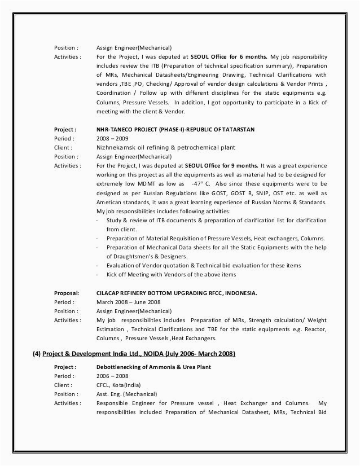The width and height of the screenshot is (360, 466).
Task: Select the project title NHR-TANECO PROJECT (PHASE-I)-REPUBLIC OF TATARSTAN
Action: [x=175, y=129]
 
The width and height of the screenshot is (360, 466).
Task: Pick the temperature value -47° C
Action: [x=202, y=184]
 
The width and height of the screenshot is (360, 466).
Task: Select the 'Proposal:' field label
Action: [x=67, y=293]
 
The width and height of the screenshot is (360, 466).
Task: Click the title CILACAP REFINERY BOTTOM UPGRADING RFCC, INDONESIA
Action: [x=176, y=293]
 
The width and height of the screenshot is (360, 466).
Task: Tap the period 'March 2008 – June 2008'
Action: [x=128, y=302]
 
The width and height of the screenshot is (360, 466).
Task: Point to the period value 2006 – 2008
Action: [x=112, y=376]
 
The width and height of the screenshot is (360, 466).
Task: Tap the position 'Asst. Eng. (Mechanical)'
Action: [x=126, y=394]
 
